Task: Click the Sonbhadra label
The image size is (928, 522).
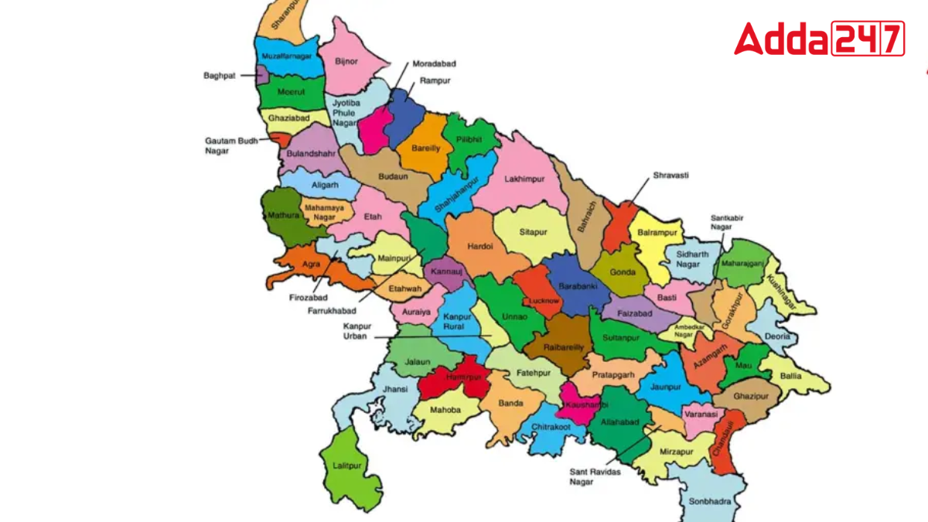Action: click(709, 502)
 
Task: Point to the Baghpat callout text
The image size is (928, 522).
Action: click(220, 76)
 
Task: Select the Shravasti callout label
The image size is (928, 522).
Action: click(670, 176)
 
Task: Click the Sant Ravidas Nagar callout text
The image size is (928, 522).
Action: click(593, 475)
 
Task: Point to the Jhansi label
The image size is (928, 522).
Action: click(394, 390)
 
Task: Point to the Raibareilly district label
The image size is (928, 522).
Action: click(564, 348)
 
